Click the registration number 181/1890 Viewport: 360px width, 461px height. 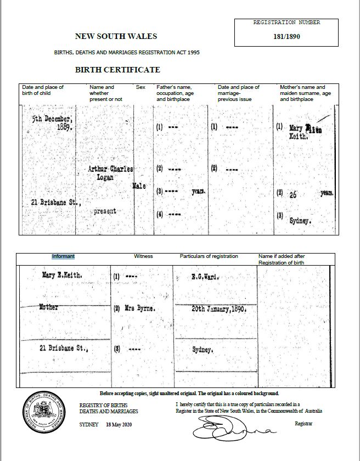(286, 37)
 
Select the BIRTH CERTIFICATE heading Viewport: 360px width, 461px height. (117, 70)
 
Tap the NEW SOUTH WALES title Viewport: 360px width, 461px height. (116, 37)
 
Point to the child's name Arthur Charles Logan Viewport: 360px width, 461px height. (110, 173)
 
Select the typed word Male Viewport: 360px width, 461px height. (139, 187)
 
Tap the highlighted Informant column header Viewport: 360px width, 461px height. (63, 256)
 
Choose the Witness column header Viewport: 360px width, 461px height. (143, 256)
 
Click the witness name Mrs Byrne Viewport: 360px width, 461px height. (139, 309)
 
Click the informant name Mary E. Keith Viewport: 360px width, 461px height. (62, 276)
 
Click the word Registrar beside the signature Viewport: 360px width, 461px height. (303, 424)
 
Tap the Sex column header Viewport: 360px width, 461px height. (140, 87)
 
